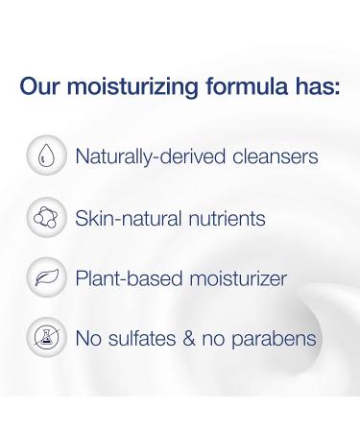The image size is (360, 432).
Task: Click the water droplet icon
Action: (x=45, y=156)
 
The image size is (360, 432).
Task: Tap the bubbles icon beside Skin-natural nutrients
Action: (x=45, y=218)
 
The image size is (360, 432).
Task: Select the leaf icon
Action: (x=45, y=278)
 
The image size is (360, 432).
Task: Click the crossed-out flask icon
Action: (x=45, y=339)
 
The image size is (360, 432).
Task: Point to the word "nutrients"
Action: (x=224, y=218)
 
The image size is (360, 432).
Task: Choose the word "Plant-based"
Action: (x=123, y=278)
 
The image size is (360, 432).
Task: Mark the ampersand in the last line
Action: (x=195, y=339)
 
